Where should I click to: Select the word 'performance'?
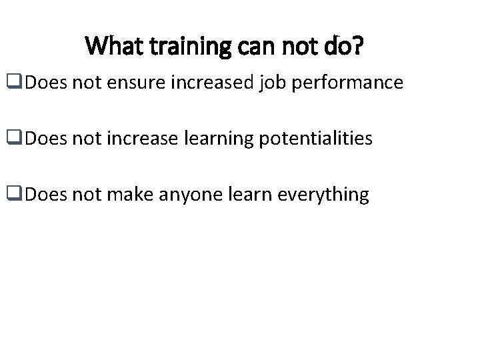[x=345, y=83]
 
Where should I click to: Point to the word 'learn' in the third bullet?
[x=232, y=195]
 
